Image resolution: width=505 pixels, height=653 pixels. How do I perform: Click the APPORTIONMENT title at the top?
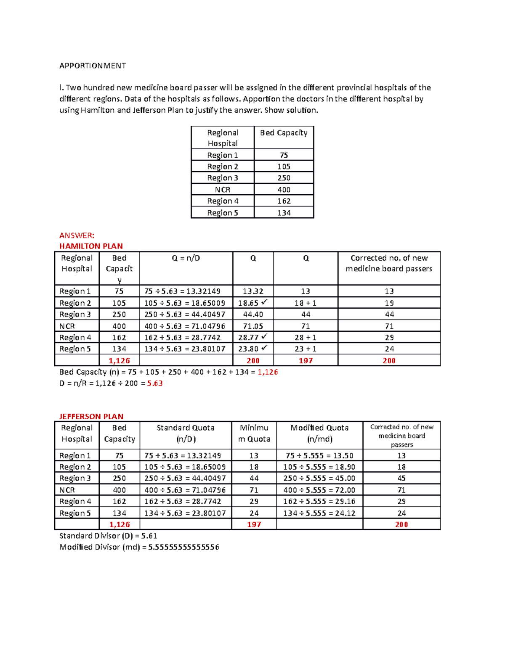[93, 66]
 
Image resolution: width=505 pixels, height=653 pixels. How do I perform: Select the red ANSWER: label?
[77, 235]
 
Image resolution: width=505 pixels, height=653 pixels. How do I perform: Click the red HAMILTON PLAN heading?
[91, 246]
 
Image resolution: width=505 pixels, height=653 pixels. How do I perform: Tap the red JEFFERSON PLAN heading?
[91, 416]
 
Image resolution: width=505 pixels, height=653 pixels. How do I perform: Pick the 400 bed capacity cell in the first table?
[284, 190]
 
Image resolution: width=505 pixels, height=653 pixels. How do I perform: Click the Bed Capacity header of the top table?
[284, 133]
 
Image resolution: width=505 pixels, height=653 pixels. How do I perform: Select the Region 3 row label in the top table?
[222, 178]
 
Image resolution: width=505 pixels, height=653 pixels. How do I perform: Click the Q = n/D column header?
[186, 258]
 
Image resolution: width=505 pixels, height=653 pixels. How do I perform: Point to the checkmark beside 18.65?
[264, 302]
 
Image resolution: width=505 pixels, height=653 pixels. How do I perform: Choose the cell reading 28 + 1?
[306, 337]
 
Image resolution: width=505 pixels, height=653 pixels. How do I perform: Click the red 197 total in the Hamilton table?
[306, 360]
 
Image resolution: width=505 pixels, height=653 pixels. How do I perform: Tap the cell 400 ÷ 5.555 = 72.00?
[319, 490]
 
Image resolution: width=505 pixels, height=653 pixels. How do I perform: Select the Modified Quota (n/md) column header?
[319, 433]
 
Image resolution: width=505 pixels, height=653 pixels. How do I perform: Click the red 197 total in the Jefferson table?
[254, 524]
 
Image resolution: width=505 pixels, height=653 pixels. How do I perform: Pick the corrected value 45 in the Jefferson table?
[401, 479]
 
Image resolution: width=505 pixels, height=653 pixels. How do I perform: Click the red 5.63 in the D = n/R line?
[155, 383]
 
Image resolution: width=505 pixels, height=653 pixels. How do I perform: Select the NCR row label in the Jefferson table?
[67, 490]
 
